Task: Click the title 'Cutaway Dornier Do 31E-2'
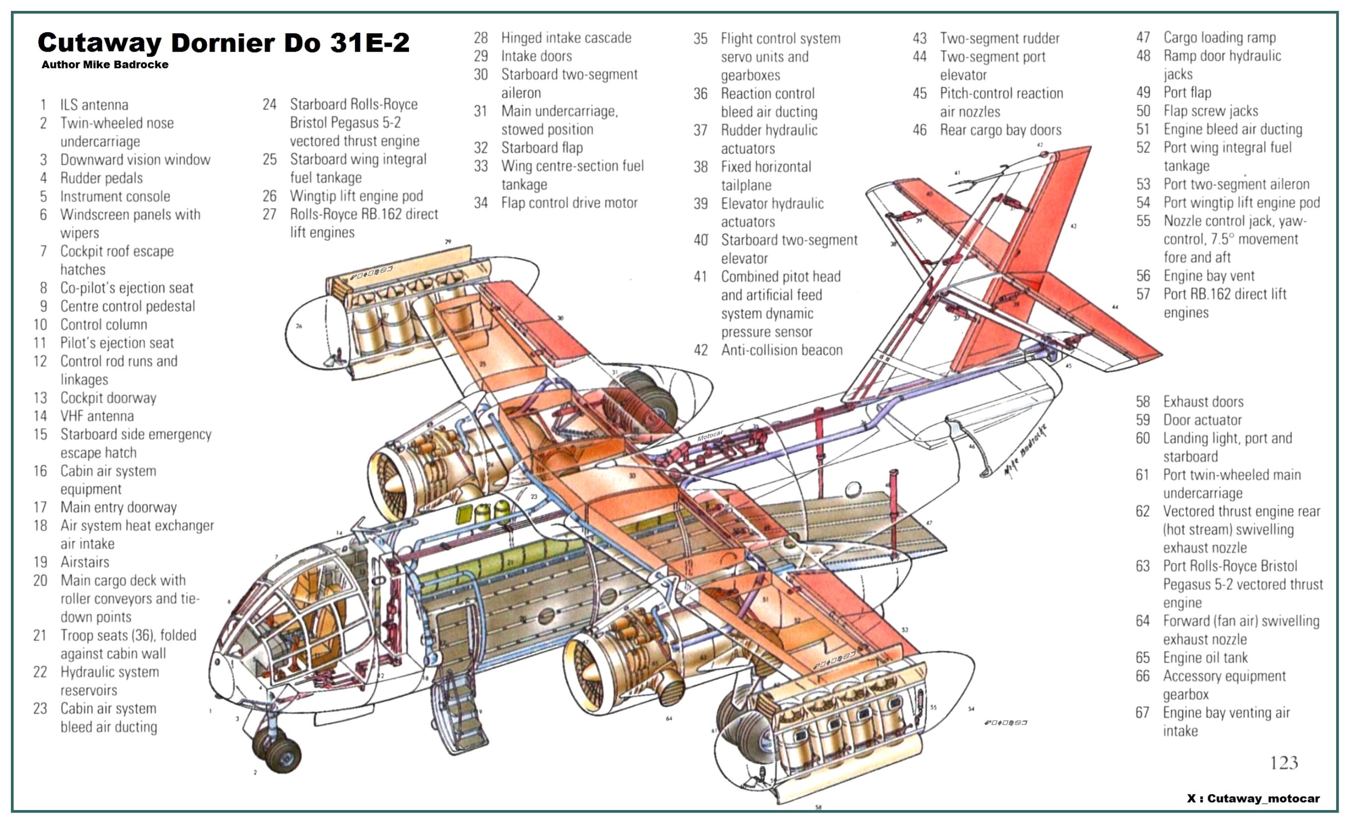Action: coord(223,42)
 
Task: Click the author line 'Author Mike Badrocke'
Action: coord(105,65)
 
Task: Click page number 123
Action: coord(1284,762)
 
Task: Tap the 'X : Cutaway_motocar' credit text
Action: coord(1253,799)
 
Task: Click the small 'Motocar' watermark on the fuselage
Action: coord(710,436)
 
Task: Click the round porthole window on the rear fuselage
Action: coord(853,489)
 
